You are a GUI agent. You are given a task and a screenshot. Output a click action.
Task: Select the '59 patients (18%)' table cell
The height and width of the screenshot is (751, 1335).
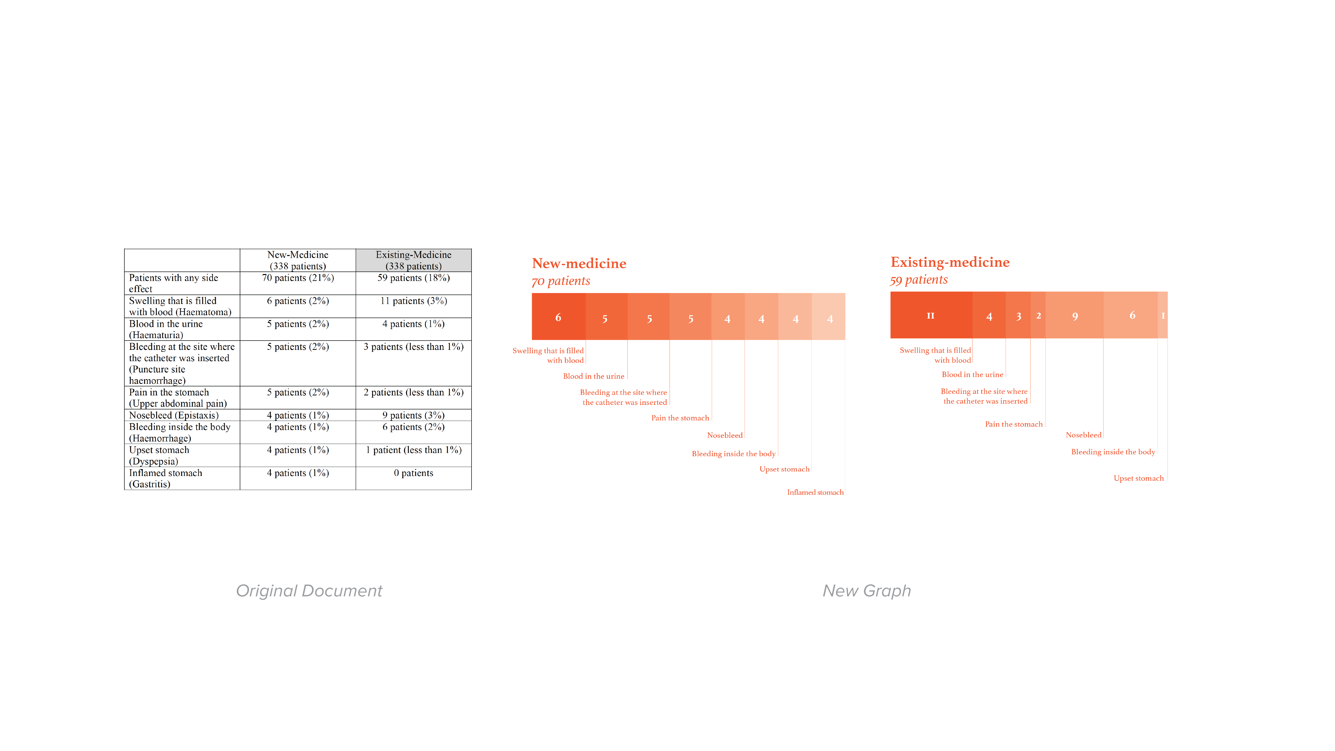(x=413, y=278)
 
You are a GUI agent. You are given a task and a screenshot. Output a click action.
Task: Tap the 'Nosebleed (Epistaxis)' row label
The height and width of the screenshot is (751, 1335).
(x=174, y=415)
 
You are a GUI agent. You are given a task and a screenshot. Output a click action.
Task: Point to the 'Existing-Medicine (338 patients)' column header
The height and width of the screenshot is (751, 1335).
(x=413, y=260)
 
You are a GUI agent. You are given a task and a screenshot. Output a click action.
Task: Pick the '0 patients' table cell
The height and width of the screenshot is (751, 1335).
(x=413, y=473)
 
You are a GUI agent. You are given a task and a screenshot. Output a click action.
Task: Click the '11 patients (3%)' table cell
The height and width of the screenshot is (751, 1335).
(x=413, y=301)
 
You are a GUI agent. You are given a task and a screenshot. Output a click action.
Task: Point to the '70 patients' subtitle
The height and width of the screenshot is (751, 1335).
(x=561, y=281)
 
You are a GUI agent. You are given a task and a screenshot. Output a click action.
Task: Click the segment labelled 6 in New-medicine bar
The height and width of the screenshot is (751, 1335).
(x=559, y=317)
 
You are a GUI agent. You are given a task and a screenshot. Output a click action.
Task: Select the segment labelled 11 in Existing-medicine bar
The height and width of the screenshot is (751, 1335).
(x=931, y=315)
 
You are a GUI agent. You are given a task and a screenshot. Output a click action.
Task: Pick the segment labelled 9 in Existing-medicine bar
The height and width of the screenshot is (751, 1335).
(x=1074, y=315)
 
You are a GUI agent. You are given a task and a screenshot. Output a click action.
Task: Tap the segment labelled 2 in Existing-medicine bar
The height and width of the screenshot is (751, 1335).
(x=1038, y=315)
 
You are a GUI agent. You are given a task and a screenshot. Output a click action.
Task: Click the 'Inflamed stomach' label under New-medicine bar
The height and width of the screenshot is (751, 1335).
(x=815, y=492)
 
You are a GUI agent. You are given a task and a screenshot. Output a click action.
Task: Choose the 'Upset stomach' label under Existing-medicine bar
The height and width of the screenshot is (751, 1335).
(x=1139, y=478)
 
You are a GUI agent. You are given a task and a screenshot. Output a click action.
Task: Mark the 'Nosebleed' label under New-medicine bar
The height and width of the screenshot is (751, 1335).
(x=725, y=435)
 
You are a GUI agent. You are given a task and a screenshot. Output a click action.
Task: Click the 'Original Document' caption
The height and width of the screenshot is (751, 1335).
(x=309, y=591)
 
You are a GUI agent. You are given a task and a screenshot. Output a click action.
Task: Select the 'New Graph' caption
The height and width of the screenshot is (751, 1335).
(x=866, y=591)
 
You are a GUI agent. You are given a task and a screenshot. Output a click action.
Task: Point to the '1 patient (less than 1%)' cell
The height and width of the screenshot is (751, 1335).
(x=413, y=450)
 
